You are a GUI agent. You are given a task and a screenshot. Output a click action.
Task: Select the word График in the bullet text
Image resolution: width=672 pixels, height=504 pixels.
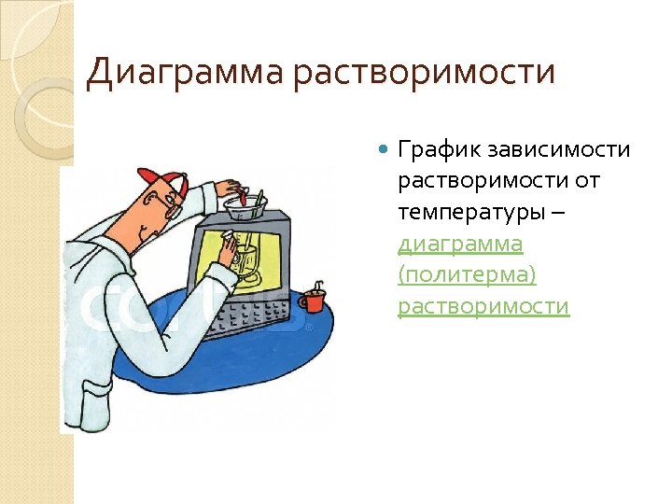tap(433, 150)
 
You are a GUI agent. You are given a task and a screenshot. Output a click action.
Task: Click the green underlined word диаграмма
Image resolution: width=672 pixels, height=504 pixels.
tap(460, 244)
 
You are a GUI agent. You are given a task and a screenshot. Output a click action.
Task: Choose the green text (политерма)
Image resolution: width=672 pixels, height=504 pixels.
tap(467, 275)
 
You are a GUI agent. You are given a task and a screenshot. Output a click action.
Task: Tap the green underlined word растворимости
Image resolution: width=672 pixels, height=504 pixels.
tap(483, 306)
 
